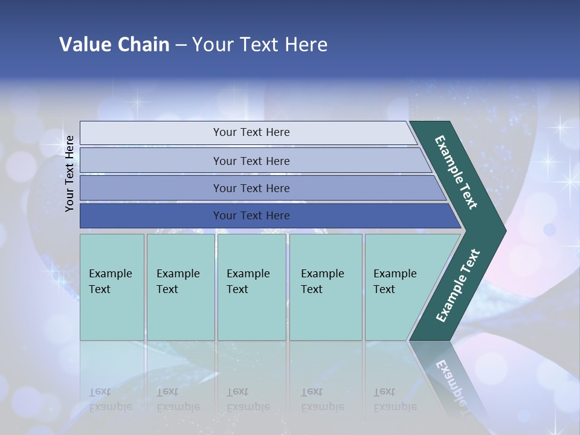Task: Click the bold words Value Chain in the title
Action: click(114, 45)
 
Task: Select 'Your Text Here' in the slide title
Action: click(260, 45)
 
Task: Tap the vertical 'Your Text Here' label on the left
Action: click(70, 173)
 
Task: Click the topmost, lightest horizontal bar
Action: click(251, 132)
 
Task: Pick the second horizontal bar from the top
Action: click(251, 161)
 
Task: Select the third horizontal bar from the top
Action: click(251, 188)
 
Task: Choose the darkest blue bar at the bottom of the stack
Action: click(251, 216)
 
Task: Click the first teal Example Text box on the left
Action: click(112, 287)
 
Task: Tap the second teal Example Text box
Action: click(180, 287)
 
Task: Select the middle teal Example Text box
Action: click(251, 287)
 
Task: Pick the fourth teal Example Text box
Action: click(326, 287)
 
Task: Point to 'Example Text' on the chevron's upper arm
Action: click(456, 172)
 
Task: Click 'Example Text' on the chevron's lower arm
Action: click(457, 286)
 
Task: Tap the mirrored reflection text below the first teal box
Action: click(111, 399)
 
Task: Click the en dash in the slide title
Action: click(181, 45)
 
